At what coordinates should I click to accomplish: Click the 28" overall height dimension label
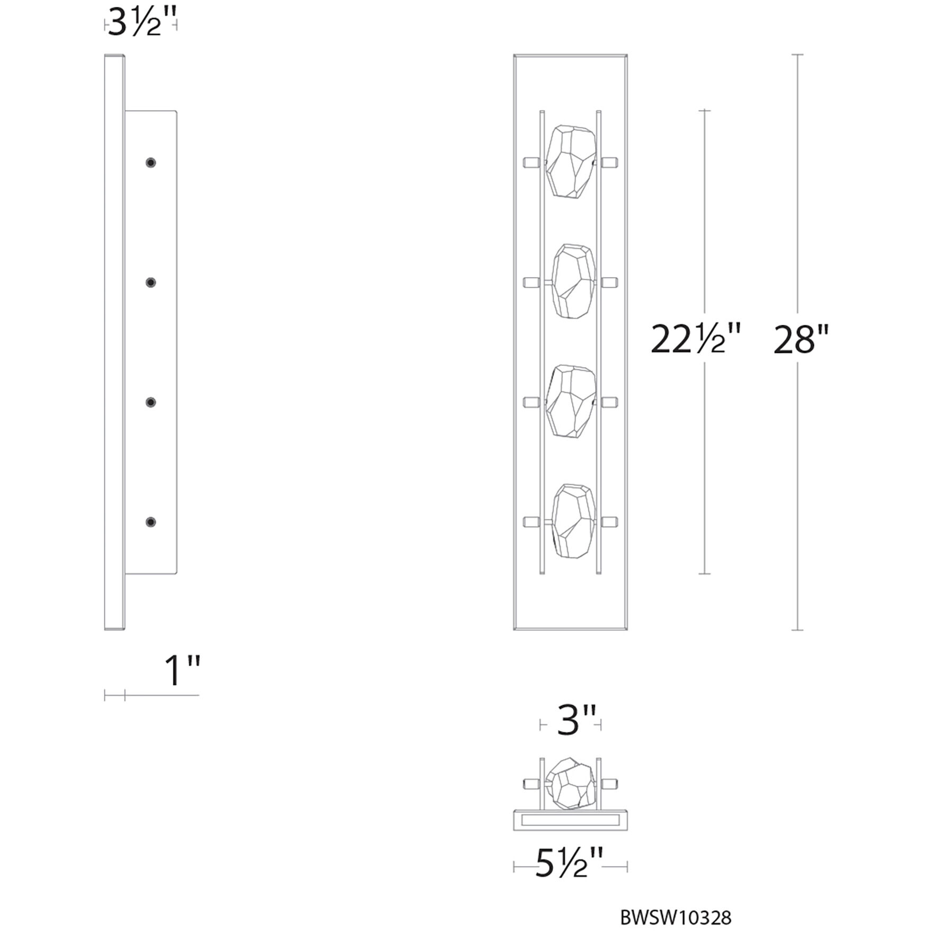click(x=800, y=340)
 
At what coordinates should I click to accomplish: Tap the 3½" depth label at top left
click(x=141, y=24)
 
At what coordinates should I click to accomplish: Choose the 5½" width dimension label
click(x=569, y=864)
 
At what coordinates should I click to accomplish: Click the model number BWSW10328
click(x=676, y=917)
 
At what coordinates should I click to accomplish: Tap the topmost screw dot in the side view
click(x=151, y=163)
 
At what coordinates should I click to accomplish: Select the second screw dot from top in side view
click(x=151, y=282)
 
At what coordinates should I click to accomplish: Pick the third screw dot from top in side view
click(x=151, y=403)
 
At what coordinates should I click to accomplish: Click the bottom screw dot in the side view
click(x=151, y=522)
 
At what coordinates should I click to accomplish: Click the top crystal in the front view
click(x=571, y=162)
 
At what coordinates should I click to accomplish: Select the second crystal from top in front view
click(x=573, y=281)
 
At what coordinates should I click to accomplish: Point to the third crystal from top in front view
click(x=571, y=401)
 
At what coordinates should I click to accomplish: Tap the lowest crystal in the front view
click(x=573, y=521)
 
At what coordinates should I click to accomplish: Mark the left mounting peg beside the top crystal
click(x=531, y=162)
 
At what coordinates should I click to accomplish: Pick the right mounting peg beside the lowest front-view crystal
click(x=610, y=522)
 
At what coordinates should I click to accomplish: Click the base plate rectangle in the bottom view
click(x=570, y=820)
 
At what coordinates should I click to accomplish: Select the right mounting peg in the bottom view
click(x=610, y=783)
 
